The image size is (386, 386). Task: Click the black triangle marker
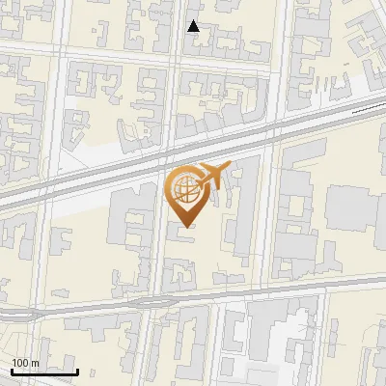click(x=194, y=26)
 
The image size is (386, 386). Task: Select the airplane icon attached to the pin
click(x=209, y=177)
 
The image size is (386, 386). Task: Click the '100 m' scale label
click(x=25, y=363)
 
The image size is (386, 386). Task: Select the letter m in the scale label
click(x=35, y=363)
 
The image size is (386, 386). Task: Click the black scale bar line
click(x=44, y=372)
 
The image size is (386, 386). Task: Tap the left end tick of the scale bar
click(x=12, y=370)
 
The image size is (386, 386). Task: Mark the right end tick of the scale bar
click(x=77, y=370)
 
